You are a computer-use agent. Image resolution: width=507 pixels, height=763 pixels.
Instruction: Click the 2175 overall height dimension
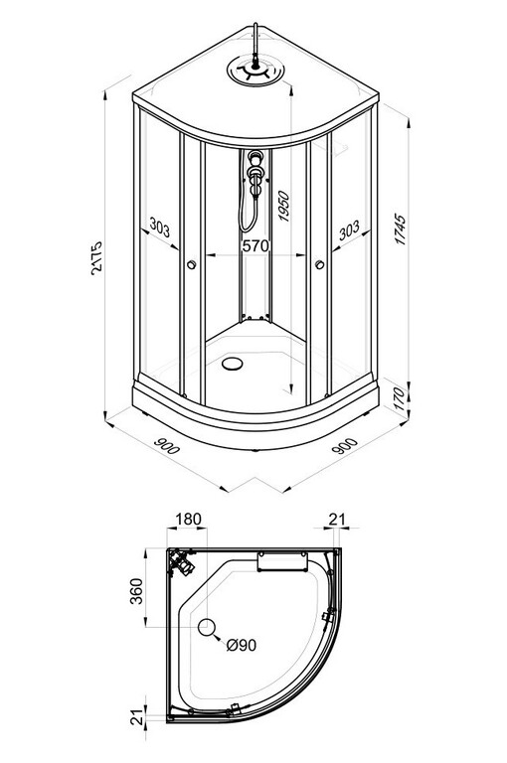(x=96, y=258)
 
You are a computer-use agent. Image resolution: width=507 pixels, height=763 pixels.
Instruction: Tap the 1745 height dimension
(x=400, y=229)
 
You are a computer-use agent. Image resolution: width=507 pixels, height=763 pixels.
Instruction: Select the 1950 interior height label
(x=283, y=207)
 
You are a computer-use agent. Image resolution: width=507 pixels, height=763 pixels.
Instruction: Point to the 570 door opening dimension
(x=255, y=246)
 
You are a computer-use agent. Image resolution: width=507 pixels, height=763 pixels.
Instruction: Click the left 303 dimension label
(x=160, y=227)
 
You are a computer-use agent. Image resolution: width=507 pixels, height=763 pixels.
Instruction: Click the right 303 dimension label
(x=349, y=230)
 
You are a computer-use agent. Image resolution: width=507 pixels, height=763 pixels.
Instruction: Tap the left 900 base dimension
(x=167, y=445)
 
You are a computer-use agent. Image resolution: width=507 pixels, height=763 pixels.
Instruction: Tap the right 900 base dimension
(x=344, y=446)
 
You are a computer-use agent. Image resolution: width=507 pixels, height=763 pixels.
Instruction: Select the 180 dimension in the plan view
(x=188, y=520)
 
